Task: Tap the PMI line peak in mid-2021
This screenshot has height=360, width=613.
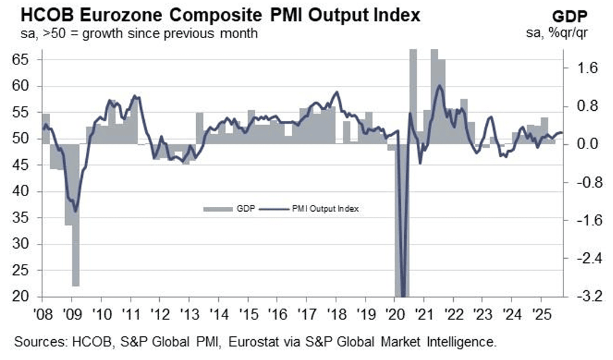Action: pyautogui.click(x=439, y=86)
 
